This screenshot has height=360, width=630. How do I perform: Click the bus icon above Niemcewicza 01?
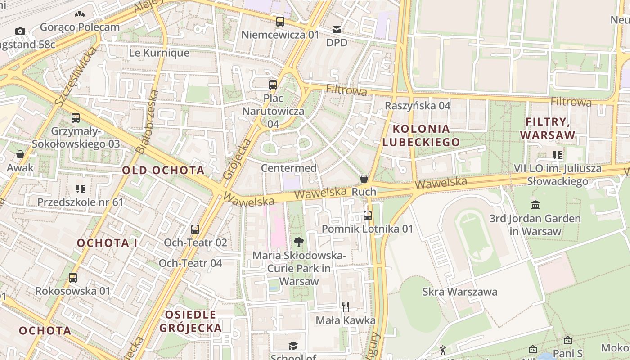pyautogui.click(x=280, y=21)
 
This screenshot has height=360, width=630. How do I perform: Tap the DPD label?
pyautogui.click(x=337, y=42)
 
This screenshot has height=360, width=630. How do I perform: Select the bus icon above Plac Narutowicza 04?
pyautogui.click(x=273, y=85)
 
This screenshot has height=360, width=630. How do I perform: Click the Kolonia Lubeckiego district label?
pyautogui.click(x=421, y=135)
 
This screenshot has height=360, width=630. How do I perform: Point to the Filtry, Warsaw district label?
pyautogui.click(x=548, y=128)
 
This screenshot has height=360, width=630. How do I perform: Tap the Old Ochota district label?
pyautogui.click(x=163, y=170)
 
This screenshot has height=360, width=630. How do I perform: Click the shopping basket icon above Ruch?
pyautogui.click(x=364, y=179)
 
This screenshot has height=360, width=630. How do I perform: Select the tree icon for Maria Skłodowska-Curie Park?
pyautogui.click(x=298, y=243)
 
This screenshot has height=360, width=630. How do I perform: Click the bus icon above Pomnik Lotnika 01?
pyautogui.click(x=368, y=216)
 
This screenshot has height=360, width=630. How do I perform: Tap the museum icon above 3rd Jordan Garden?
pyautogui.click(x=535, y=205)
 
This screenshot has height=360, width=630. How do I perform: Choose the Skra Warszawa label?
pyautogui.click(x=460, y=292)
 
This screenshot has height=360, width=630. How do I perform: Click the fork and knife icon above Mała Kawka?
pyautogui.click(x=346, y=307)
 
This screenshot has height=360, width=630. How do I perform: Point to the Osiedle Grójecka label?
pyautogui.click(x=191, y=321)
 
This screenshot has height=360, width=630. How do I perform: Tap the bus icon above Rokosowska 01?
pyautogui.click(x=73, y=278)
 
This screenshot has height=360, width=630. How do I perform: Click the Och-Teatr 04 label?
pyautogui.click(x=190, y=263)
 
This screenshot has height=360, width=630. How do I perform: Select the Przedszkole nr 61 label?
pyautogui.click(x=80, y=202)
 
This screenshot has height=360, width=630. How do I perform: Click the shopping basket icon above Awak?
pyautogui.click(x=20, y=154)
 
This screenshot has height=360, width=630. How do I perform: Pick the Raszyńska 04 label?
pyautogui.click(x=418, y=106)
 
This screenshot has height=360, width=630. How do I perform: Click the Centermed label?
pyautogui.click(x=289, y=168)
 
